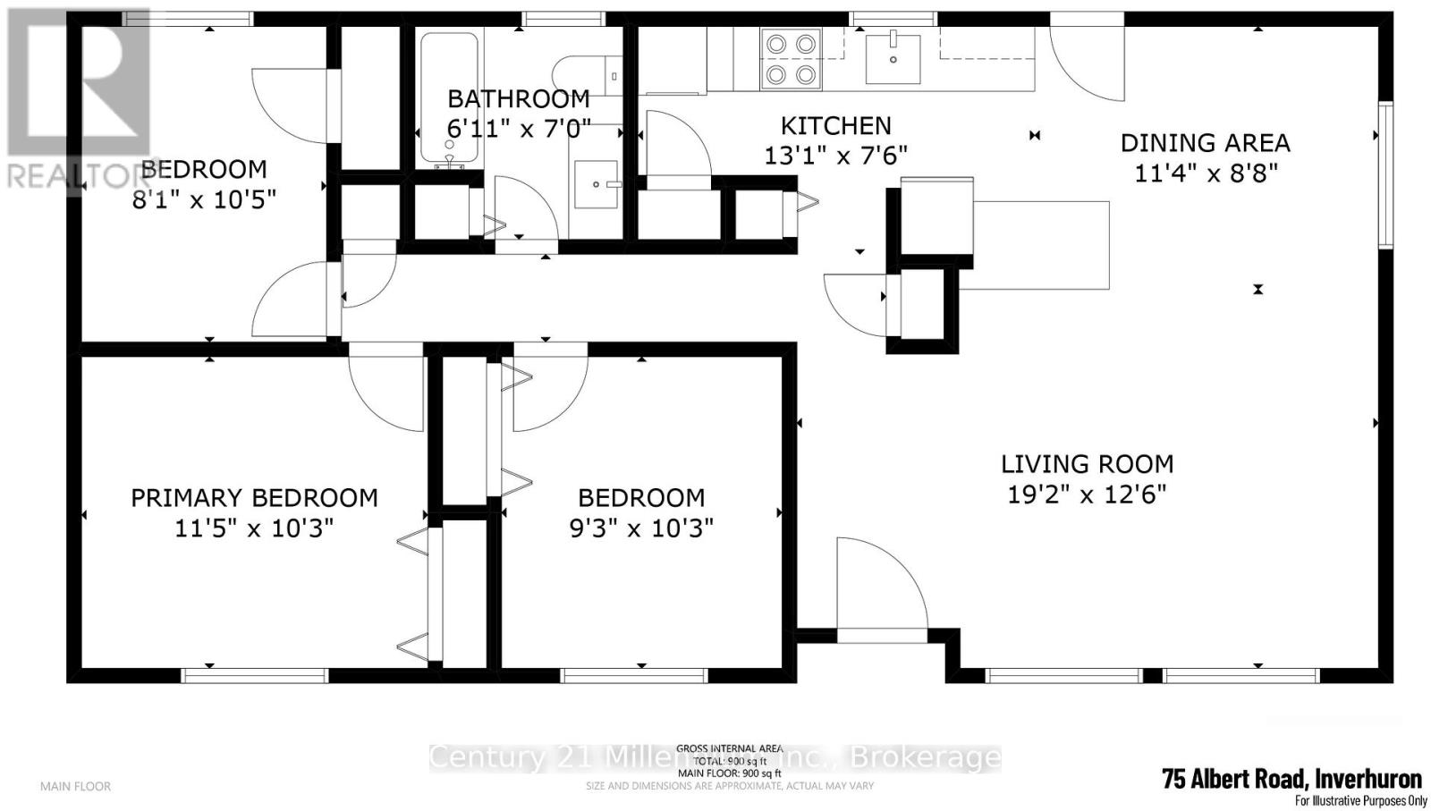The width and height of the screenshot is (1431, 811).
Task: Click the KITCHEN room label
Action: (835, 125)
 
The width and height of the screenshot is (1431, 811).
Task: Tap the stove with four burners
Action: (790, 59)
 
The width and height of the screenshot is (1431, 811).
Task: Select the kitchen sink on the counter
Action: (893, 56)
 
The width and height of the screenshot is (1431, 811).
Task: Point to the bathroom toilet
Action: (586, 75)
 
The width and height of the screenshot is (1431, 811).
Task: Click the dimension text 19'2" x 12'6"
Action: (1087, 494)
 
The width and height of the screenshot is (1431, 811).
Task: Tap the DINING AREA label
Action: (1205, 143)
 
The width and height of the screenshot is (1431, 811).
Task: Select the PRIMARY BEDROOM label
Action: (254, 498)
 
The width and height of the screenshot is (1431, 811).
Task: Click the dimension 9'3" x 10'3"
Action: (641, 528)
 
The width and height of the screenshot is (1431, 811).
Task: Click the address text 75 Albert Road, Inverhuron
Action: (1291, 777)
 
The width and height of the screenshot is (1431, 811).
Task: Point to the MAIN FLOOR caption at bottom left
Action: (75, 786)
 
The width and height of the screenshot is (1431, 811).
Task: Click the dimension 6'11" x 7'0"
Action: (519, 129)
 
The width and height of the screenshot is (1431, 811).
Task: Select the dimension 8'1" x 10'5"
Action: (204, 199)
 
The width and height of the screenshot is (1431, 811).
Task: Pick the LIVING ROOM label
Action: (1087, 464)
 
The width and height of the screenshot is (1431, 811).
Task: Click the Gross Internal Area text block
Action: (729, 761)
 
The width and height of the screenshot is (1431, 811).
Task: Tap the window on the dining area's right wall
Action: (1385, 174)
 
